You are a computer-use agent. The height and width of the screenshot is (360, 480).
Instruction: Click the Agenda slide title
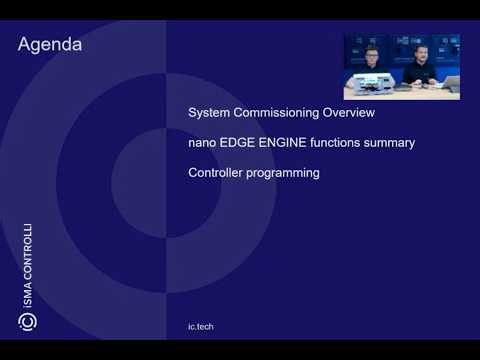coord(50,45)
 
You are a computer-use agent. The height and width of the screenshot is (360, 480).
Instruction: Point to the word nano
coord(202,142)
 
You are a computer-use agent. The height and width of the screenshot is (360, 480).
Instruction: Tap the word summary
coord(394,142)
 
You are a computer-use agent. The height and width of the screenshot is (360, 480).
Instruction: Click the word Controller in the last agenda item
coord(216,172)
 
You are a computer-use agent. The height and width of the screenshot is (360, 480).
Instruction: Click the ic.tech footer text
coord(200,327)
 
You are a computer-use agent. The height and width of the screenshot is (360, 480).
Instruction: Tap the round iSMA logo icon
coord(28,322)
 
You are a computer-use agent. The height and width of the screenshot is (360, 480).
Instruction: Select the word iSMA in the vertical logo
coord(28,296)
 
